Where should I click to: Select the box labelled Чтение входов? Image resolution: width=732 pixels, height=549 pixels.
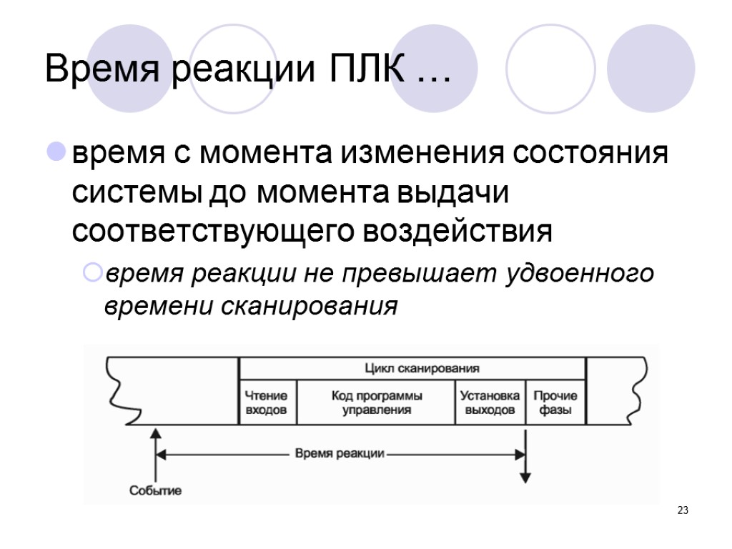[267, 402]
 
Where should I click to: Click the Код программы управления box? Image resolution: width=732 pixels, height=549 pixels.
[376, 402]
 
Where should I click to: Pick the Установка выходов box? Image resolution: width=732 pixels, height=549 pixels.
[490, 402]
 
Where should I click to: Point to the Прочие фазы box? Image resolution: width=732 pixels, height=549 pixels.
[555, 402]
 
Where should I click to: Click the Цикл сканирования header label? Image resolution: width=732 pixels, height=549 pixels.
[412, 369]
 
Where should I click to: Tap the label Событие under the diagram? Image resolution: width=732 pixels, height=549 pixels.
[155, 490]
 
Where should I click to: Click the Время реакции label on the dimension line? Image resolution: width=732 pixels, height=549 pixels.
[340, 453]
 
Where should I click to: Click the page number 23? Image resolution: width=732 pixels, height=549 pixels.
[683, 510]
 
